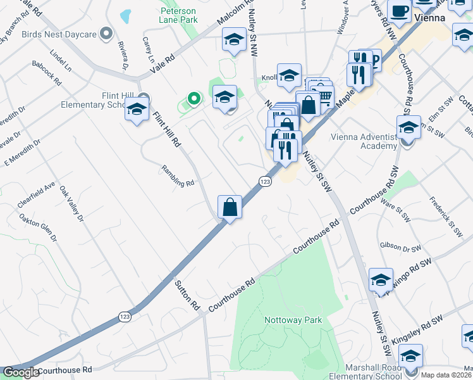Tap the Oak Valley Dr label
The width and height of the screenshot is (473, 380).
click(71, 204)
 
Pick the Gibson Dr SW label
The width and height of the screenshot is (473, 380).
click(396, 246)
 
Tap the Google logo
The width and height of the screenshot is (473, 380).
click(21, 372)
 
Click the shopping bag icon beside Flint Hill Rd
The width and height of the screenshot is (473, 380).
click(230, 207)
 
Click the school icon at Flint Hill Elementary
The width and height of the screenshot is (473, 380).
click(137, 110)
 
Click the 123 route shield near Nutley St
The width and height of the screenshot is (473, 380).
click(265, 182)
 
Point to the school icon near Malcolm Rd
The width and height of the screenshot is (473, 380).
click(234, 41)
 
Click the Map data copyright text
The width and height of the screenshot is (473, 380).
click(446, 375)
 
